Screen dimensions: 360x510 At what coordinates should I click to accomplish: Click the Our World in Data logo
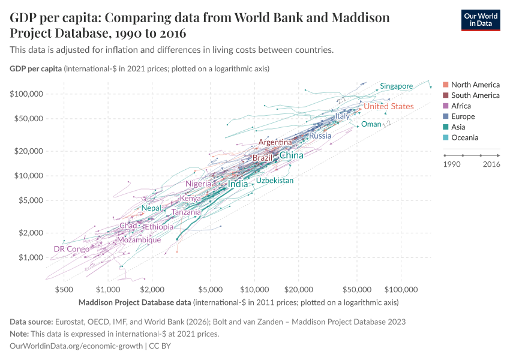pos(480,20)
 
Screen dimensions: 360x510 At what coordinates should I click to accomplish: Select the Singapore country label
pos(396,86)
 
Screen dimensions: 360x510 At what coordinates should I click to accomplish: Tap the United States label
pos(389,106)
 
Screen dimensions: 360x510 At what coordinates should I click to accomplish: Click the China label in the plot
pos(292,155)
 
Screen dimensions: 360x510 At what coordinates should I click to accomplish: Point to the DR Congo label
pos(71,249)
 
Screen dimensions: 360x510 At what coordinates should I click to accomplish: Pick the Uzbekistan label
pos(275,181)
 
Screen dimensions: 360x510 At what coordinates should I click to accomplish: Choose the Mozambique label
pos(139,240)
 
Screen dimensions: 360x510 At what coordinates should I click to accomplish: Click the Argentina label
pos(275,142)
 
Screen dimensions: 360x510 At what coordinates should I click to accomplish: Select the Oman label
pos(371,124)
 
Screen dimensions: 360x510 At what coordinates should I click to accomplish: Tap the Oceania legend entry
pos(465,138)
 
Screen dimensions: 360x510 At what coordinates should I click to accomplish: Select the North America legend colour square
pos(445,85)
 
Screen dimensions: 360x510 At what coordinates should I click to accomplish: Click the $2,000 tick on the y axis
pos(30,233)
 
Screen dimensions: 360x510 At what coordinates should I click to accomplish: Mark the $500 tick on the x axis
pos(64,290)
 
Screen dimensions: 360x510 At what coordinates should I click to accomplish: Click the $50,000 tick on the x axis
pos(358,290)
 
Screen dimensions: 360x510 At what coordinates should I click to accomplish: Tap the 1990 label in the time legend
pos(451,164)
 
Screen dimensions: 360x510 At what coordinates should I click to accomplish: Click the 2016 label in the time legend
pos(491,164)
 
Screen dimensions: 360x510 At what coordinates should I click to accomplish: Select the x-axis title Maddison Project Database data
pos(134,302)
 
